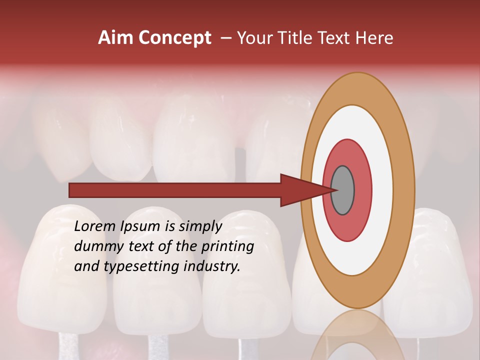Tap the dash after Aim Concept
pyautogui.click(x=225, y=38)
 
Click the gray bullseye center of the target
pyautogui.click(x=342, y=190)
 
